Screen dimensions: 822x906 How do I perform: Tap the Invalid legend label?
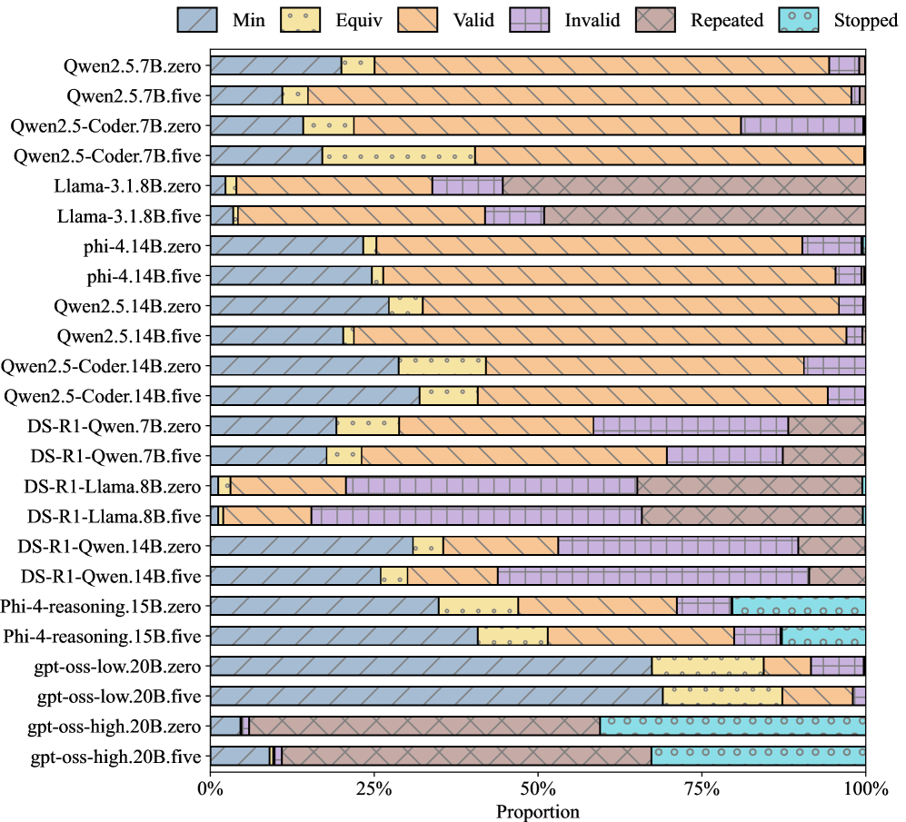(x=595, y=19)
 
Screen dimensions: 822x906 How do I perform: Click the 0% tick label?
(x=211, y=789)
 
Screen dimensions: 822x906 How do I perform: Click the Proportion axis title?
(x=538, y=810)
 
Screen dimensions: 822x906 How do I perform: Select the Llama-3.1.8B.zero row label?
(x=128, y=185)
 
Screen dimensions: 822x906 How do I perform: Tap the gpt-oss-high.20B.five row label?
(x=115, y=756)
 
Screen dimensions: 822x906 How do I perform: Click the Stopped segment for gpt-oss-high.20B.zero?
(x=732, y=726)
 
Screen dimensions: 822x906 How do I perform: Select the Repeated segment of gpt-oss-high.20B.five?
(x=466, y=756)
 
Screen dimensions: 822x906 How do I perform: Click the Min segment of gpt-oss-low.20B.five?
(x=436, y=696)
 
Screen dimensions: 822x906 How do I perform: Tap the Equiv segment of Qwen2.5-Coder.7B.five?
(x=398, y=155)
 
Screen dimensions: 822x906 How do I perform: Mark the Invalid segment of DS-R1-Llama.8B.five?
(x=476, y=516)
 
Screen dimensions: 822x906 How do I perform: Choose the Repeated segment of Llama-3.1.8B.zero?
(x=683, y=185)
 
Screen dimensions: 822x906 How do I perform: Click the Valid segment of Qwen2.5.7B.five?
(x=580, y=95)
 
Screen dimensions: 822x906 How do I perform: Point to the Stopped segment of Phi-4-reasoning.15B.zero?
(x=799, y=606)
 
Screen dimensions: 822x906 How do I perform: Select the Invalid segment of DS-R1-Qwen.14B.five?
(x=653, y=576)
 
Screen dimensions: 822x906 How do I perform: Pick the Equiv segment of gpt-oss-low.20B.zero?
(x=707, y=666)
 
